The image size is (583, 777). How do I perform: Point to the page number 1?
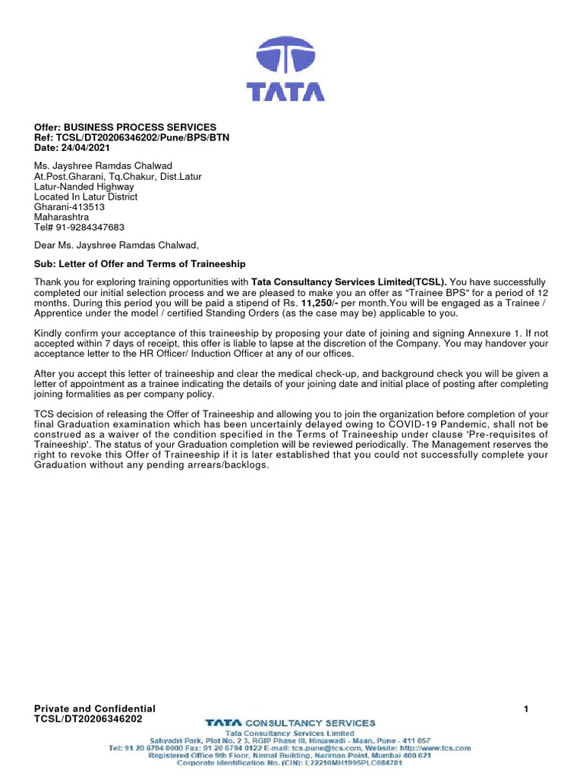click(525, 709)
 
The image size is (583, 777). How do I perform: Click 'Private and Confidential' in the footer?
click(95, 708)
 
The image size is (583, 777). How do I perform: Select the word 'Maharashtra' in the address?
click(61, 216)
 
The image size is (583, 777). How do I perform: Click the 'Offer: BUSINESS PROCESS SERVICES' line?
click(125, 127)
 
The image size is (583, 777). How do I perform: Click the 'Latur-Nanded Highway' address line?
click(84, 186)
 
